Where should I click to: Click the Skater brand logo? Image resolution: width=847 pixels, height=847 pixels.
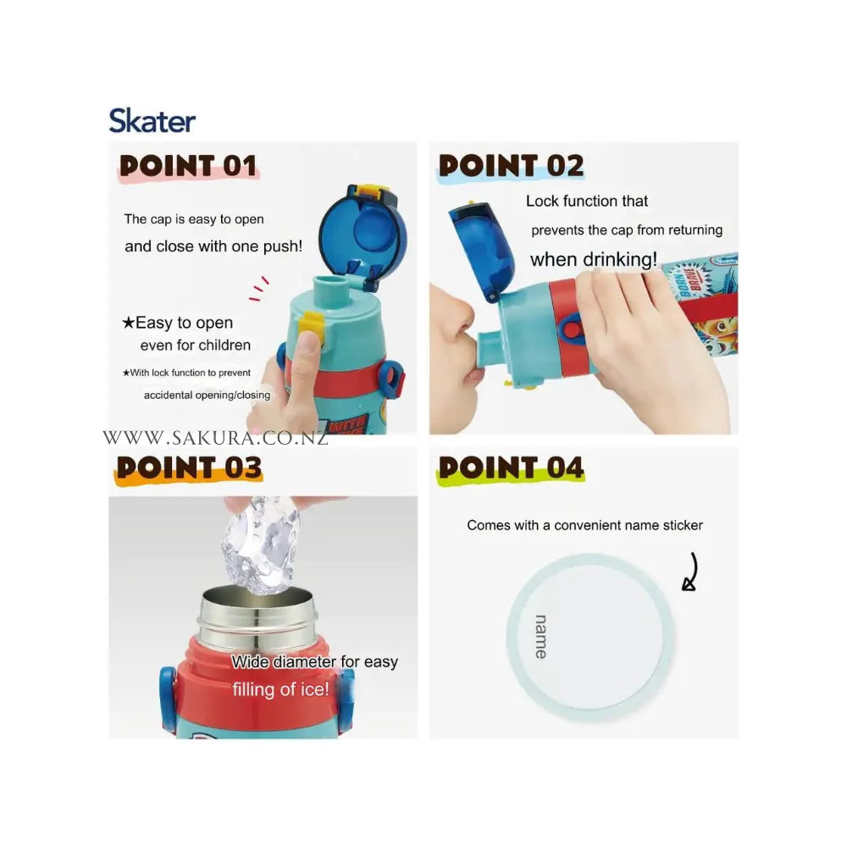(x=152, y=120)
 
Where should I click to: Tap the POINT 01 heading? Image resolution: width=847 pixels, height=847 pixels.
(x=188, y=166)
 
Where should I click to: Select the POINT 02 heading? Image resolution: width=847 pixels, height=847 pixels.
(x=511, y=166)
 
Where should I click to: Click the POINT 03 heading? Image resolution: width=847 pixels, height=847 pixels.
(x=189, y=468)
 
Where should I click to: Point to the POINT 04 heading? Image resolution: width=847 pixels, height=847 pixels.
(x=511, y=468)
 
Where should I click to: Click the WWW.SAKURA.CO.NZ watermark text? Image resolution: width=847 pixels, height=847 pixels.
(x=215, y=438)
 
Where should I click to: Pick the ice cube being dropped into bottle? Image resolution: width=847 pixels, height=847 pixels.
(x=260, y=545)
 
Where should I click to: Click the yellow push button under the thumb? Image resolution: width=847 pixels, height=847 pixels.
(x=313, y=324)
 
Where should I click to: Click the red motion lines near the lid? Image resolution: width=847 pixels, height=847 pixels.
(x=258, y=289)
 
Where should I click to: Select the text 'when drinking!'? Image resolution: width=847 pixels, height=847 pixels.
(x=594, y=259)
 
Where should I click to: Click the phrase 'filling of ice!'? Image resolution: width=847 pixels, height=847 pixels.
(x=280, y=689)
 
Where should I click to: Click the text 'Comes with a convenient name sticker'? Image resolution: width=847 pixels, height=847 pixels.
(x=585, y=525)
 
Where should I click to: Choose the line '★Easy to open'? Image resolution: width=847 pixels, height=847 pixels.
(x=178, y=323)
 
